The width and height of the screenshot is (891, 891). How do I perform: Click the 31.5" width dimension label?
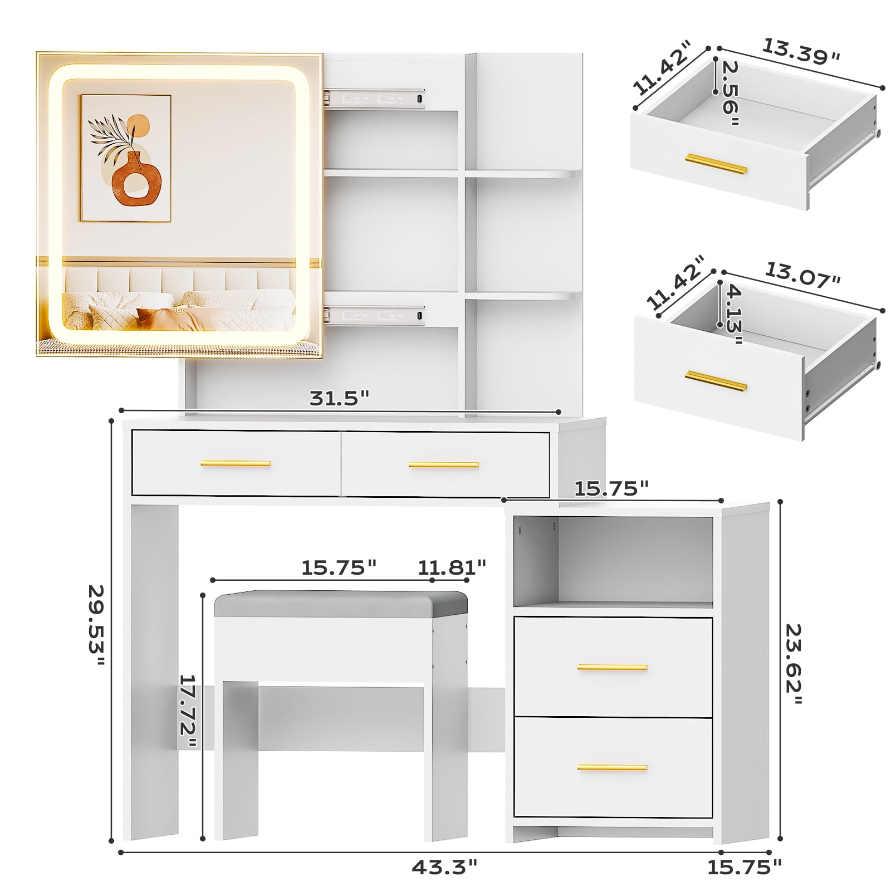(x=339, y=398)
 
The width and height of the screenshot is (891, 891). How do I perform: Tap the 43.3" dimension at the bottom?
(x=444, y=867)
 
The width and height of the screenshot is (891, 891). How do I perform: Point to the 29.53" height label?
(x=96, y=625)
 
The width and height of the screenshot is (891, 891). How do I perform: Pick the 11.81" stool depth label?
(x=452, y=567)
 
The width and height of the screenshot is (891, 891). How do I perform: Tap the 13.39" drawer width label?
(x=801, y=52)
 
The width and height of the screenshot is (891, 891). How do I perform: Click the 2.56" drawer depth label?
(x=730, y=93)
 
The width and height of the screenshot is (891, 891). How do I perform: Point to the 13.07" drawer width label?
(x=802, y=275)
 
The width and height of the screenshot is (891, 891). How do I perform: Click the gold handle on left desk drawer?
(x=236, y=463)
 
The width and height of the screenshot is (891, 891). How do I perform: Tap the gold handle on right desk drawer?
(x=444, y=464)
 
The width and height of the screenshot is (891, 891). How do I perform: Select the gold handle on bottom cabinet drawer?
(x=613, y=767)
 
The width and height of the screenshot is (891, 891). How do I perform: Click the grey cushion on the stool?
(x=341, y=604)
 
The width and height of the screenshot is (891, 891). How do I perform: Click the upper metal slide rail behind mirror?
(x=374, y=98)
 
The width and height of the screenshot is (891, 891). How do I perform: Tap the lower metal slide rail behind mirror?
(x=374, y=315)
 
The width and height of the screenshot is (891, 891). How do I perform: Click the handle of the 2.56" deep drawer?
(x=716, y=164)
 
